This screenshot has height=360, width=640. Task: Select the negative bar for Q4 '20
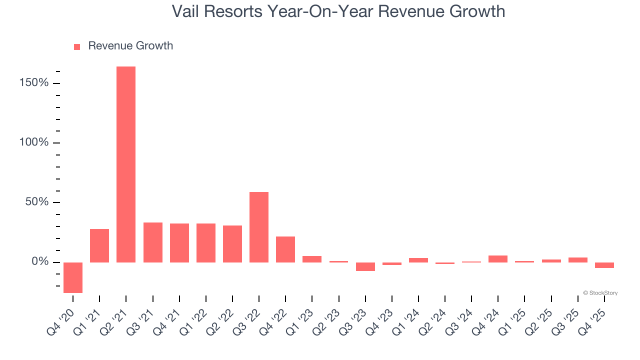coord(73,277)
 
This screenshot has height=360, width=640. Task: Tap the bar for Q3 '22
coord(259,227)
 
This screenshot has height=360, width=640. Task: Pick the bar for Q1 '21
coord(99,245)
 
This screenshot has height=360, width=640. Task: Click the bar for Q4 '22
coord(285,249)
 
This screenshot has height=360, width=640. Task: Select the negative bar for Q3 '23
coord(365,266)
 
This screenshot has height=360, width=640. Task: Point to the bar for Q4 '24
coord(498,259)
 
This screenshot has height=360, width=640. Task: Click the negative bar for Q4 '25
coord(604,265)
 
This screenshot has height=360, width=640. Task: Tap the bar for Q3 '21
coord(153,242)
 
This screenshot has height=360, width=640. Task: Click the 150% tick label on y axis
coord(34,82)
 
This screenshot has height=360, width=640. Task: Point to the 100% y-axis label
coord(34,142)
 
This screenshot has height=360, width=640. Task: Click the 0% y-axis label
coord(40,262)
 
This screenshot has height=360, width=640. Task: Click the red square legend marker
coord(77,47)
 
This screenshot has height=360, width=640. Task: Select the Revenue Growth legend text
coord(130,46)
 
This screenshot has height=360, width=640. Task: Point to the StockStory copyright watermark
coord(600,293)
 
